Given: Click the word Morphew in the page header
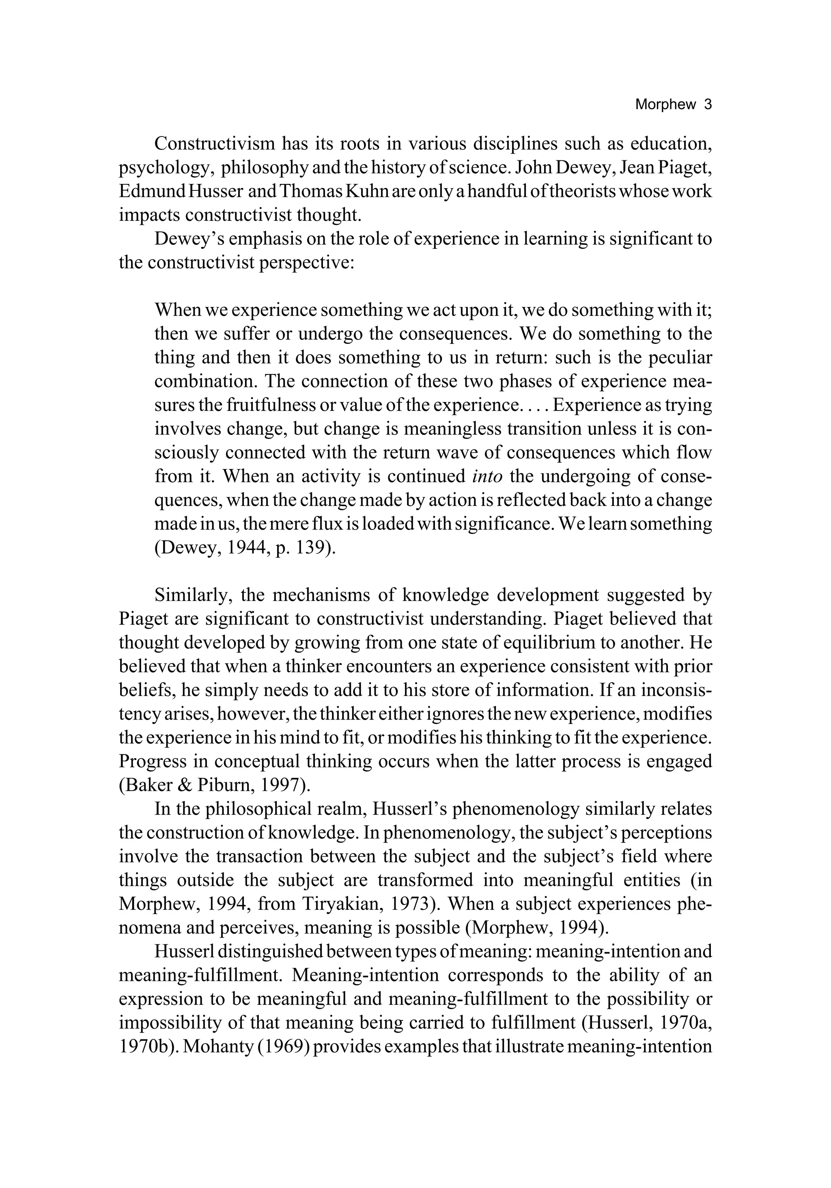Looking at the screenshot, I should (x=665, y=104).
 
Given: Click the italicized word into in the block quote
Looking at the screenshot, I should (x=487, y=476).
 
